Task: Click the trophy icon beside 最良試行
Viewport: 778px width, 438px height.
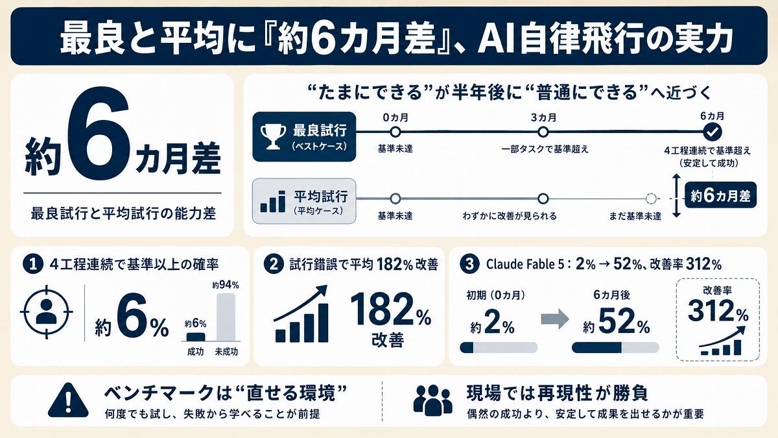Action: (273, 137)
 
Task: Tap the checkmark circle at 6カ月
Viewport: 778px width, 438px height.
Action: (713, 132)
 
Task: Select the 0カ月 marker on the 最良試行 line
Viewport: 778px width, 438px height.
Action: (395, 132)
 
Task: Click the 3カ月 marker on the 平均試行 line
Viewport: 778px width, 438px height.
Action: (543, 199)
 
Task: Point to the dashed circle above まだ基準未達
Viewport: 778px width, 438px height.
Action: (650, 199)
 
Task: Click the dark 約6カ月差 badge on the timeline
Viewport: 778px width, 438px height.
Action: (720, 195)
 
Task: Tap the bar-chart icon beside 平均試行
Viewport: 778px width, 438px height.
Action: (273, 201)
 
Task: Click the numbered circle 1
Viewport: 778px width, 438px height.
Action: (33, 264)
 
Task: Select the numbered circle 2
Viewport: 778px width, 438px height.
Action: (274, 264)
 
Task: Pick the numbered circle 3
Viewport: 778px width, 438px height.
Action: (470, 264)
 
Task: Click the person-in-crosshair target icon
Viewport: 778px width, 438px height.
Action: (47, 312)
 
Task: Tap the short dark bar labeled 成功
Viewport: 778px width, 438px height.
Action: (196, 337)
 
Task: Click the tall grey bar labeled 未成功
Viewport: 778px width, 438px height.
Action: (226, 317)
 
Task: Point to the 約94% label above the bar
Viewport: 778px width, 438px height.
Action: (226, 286)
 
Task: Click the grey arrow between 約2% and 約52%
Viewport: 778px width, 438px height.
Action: (555, 319)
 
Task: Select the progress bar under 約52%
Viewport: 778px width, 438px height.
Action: (615, 347)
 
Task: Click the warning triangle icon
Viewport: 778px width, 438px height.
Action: (68, 400)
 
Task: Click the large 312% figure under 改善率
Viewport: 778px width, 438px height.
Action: (718, 311)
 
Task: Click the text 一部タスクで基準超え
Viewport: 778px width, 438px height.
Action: (545, 149)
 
